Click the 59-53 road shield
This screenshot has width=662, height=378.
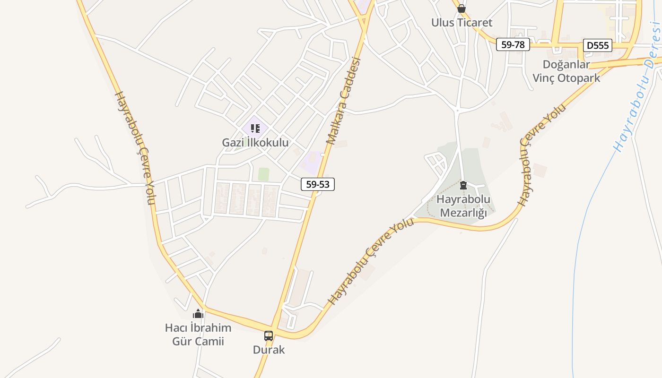click(318, 184)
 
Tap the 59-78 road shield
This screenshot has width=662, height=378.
click(513, 45)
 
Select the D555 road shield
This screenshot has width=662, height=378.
click(598, 45)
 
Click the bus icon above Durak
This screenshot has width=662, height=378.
click(269, 336)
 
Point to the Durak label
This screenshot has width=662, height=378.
click(269, 350)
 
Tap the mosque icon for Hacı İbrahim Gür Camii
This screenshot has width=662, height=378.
click(198, 314)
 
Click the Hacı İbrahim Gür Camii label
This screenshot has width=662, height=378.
click(198, 335)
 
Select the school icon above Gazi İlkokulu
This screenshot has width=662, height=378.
click(255, 128)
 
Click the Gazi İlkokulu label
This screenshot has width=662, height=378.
click(255, 142)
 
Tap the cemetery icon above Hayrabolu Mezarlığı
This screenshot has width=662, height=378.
click(463, 185)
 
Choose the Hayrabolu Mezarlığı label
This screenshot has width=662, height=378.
click(463, 206)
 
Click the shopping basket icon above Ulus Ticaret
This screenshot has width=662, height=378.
click(462, 9)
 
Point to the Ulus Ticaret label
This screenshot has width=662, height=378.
click(462, 23)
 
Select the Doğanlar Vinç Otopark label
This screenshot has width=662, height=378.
click(566, 71)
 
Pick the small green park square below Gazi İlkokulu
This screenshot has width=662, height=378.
click(263, 174)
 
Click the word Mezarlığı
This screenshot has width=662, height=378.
click(463, 213)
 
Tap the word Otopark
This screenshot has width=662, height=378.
click(579, 78)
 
